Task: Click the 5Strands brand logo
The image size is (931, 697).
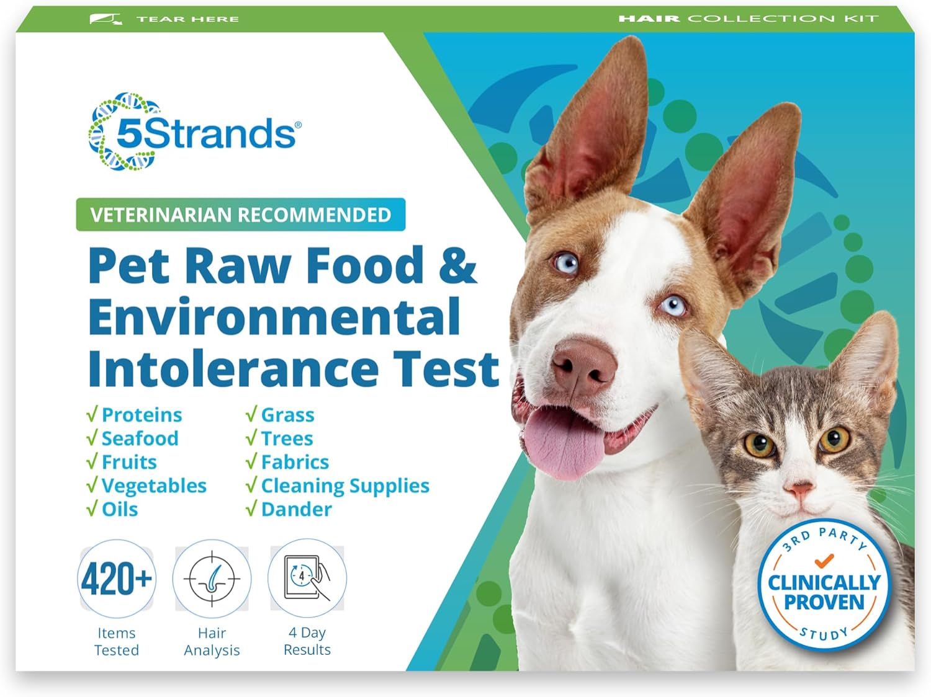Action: [194, 132]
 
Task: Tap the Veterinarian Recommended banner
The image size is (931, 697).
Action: [240, 215]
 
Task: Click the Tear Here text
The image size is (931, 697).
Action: [187, 19]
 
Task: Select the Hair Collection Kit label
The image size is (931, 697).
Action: [748, 19]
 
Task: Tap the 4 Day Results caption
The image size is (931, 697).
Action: [307, 641]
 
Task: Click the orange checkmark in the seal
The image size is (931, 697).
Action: [824, 561]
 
